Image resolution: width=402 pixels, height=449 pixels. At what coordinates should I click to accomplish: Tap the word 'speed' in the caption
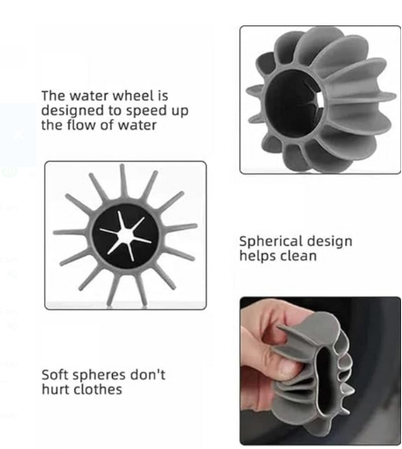pos(130,110)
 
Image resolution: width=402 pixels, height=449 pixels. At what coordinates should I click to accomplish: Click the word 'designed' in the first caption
pos(71,110)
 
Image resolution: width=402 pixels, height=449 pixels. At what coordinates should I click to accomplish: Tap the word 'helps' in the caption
pos(257,256)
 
